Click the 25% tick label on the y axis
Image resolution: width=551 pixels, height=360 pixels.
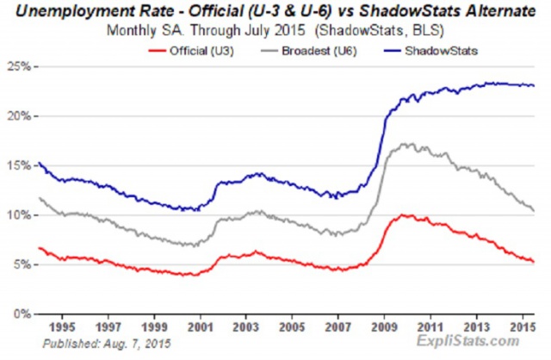click(x=19, y=66)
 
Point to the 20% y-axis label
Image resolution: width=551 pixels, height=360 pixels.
click(x=19, y=116)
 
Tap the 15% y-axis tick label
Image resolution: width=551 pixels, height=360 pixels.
click(x=19, y=165)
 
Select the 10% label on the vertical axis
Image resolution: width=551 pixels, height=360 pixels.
click(x=19, y=215)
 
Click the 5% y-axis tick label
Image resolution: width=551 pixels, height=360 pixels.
click(x=22, y=264)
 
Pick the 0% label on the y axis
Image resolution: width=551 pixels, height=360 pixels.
click(x=22, y=314)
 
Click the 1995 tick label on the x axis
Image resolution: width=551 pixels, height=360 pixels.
click(x=62, y=327)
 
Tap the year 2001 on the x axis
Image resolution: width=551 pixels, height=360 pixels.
click(x=201, y=327)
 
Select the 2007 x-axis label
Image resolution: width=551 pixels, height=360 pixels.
click(x=338, y=327)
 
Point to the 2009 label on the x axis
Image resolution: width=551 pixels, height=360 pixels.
click(x=385, y=327)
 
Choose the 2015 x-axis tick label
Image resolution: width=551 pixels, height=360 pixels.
click(x=523, y=327)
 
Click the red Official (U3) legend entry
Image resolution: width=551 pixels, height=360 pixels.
click(x=191, y=51)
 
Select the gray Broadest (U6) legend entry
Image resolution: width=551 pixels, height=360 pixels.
click(x=309, y=51)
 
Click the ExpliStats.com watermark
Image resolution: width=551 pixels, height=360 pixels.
click(x=467, y=341)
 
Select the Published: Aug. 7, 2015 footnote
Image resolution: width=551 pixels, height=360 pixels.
click(x=107, y=344)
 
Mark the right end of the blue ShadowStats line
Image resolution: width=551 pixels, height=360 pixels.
click(x=534, y=86)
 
